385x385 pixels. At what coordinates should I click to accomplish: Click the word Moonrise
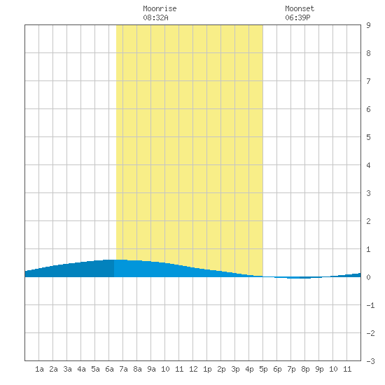click(x=160, y=8)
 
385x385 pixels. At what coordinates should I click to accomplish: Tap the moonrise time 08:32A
click(x=155, y=17)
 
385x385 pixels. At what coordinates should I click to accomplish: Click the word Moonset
click(x=300, y=8)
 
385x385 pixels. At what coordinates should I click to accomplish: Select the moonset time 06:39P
click(x=297, y=17)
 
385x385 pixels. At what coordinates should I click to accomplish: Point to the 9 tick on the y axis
click(x=368, y=25)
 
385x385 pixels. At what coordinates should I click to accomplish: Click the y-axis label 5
click(x=368, y=137)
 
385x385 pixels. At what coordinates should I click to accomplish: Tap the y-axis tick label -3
click(x=370, y=361)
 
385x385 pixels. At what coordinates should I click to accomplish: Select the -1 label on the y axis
click(x=370, y=305)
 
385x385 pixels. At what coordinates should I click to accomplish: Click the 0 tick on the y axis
click(x=368, y=277)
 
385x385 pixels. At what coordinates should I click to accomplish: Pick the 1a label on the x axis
click(x=39, y=369)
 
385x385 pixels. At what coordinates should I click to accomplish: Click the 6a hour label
click(x=109, y=369)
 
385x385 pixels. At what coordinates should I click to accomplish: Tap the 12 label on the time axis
click(x=193, y=369)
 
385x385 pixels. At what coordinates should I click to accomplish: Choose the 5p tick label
click(x=263, y=369)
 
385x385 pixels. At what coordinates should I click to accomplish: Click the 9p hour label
click(x=319, y=369)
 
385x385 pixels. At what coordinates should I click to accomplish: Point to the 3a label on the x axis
click(x=67, y=369)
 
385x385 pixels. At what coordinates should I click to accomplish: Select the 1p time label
click(x=207, y=369)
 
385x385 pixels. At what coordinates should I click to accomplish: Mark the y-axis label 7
click(x=368, y=81)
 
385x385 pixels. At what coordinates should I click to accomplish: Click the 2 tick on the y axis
click(x=368, y=221)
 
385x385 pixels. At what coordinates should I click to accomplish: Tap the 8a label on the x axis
click(x=137, y=369)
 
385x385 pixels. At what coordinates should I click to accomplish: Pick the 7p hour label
click(x=291, y=369)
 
